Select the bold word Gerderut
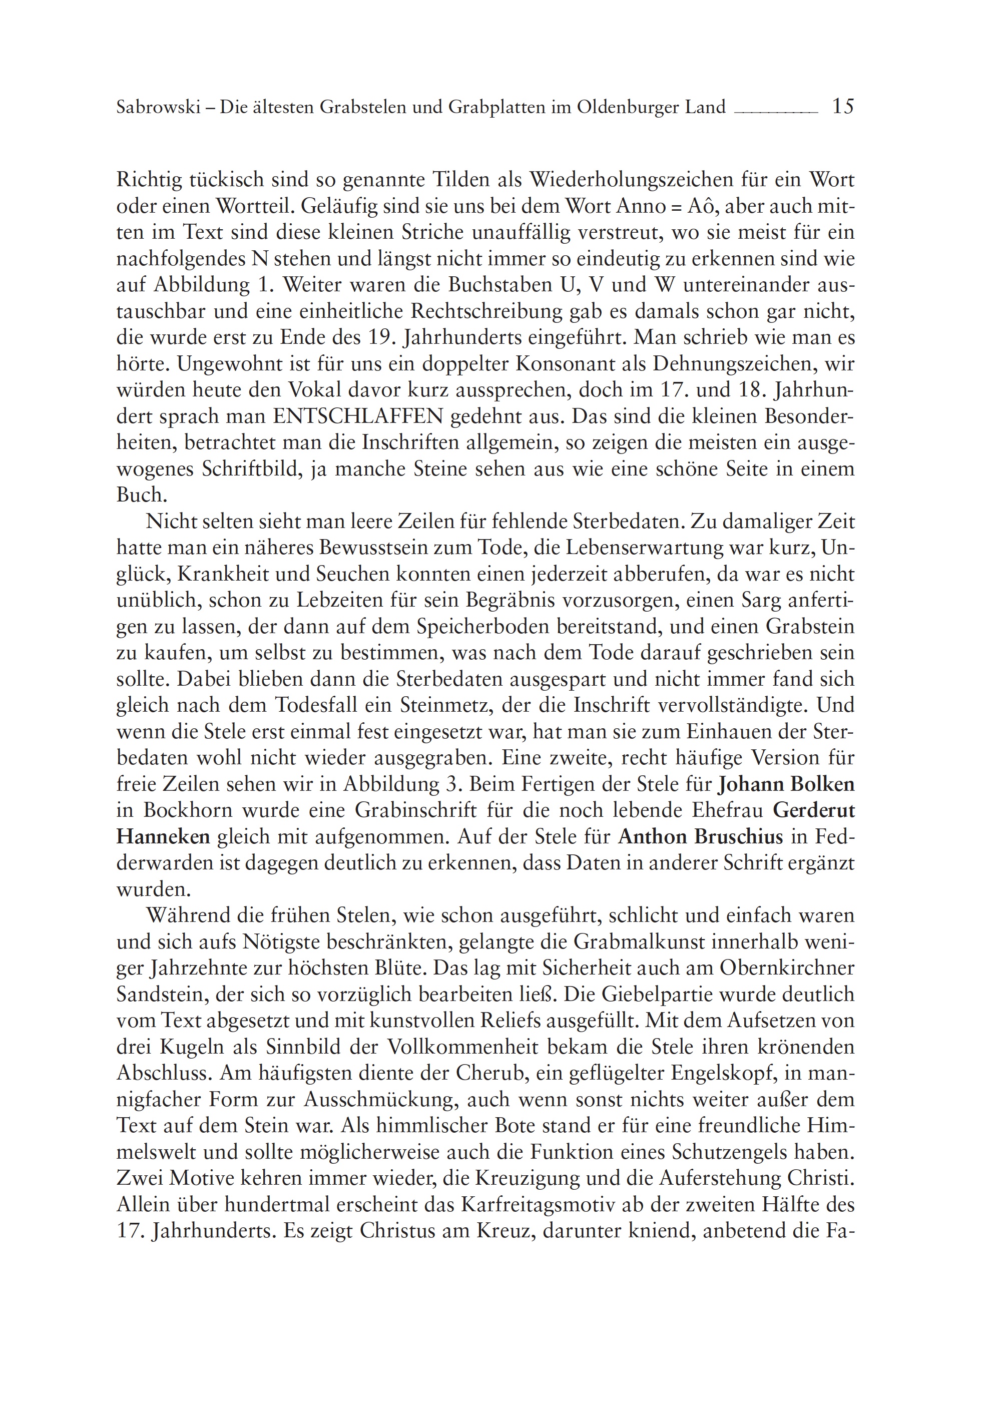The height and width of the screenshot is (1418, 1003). pos(813,810)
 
